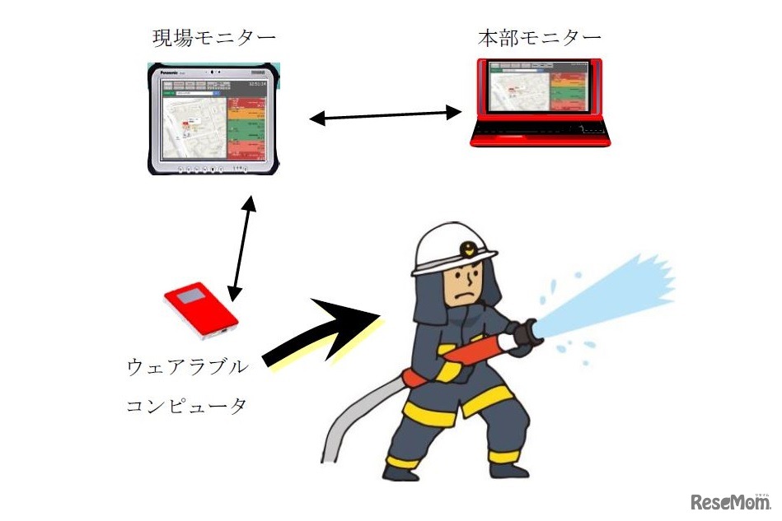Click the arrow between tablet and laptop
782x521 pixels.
386,116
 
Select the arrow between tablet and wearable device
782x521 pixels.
242,248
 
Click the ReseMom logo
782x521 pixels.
728,500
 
